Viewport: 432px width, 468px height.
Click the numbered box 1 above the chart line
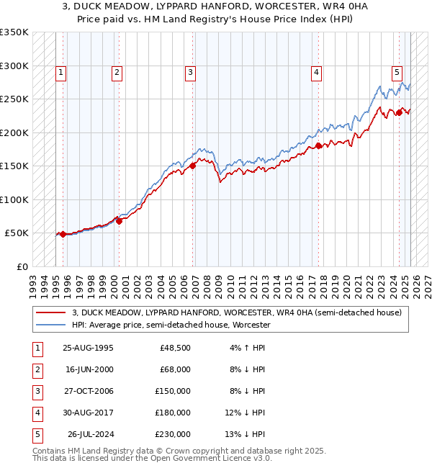61,72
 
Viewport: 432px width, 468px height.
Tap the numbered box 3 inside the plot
190,72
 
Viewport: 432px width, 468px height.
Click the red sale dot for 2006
193,166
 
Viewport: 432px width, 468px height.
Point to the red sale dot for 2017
318,145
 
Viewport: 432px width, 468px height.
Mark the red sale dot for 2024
398,112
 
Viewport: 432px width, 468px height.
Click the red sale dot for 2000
120,221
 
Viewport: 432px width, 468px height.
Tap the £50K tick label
17,233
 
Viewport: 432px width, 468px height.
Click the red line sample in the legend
50,312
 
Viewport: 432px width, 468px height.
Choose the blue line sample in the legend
50,325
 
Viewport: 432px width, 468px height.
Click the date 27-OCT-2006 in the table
88,392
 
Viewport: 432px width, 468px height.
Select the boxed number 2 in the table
36,369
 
